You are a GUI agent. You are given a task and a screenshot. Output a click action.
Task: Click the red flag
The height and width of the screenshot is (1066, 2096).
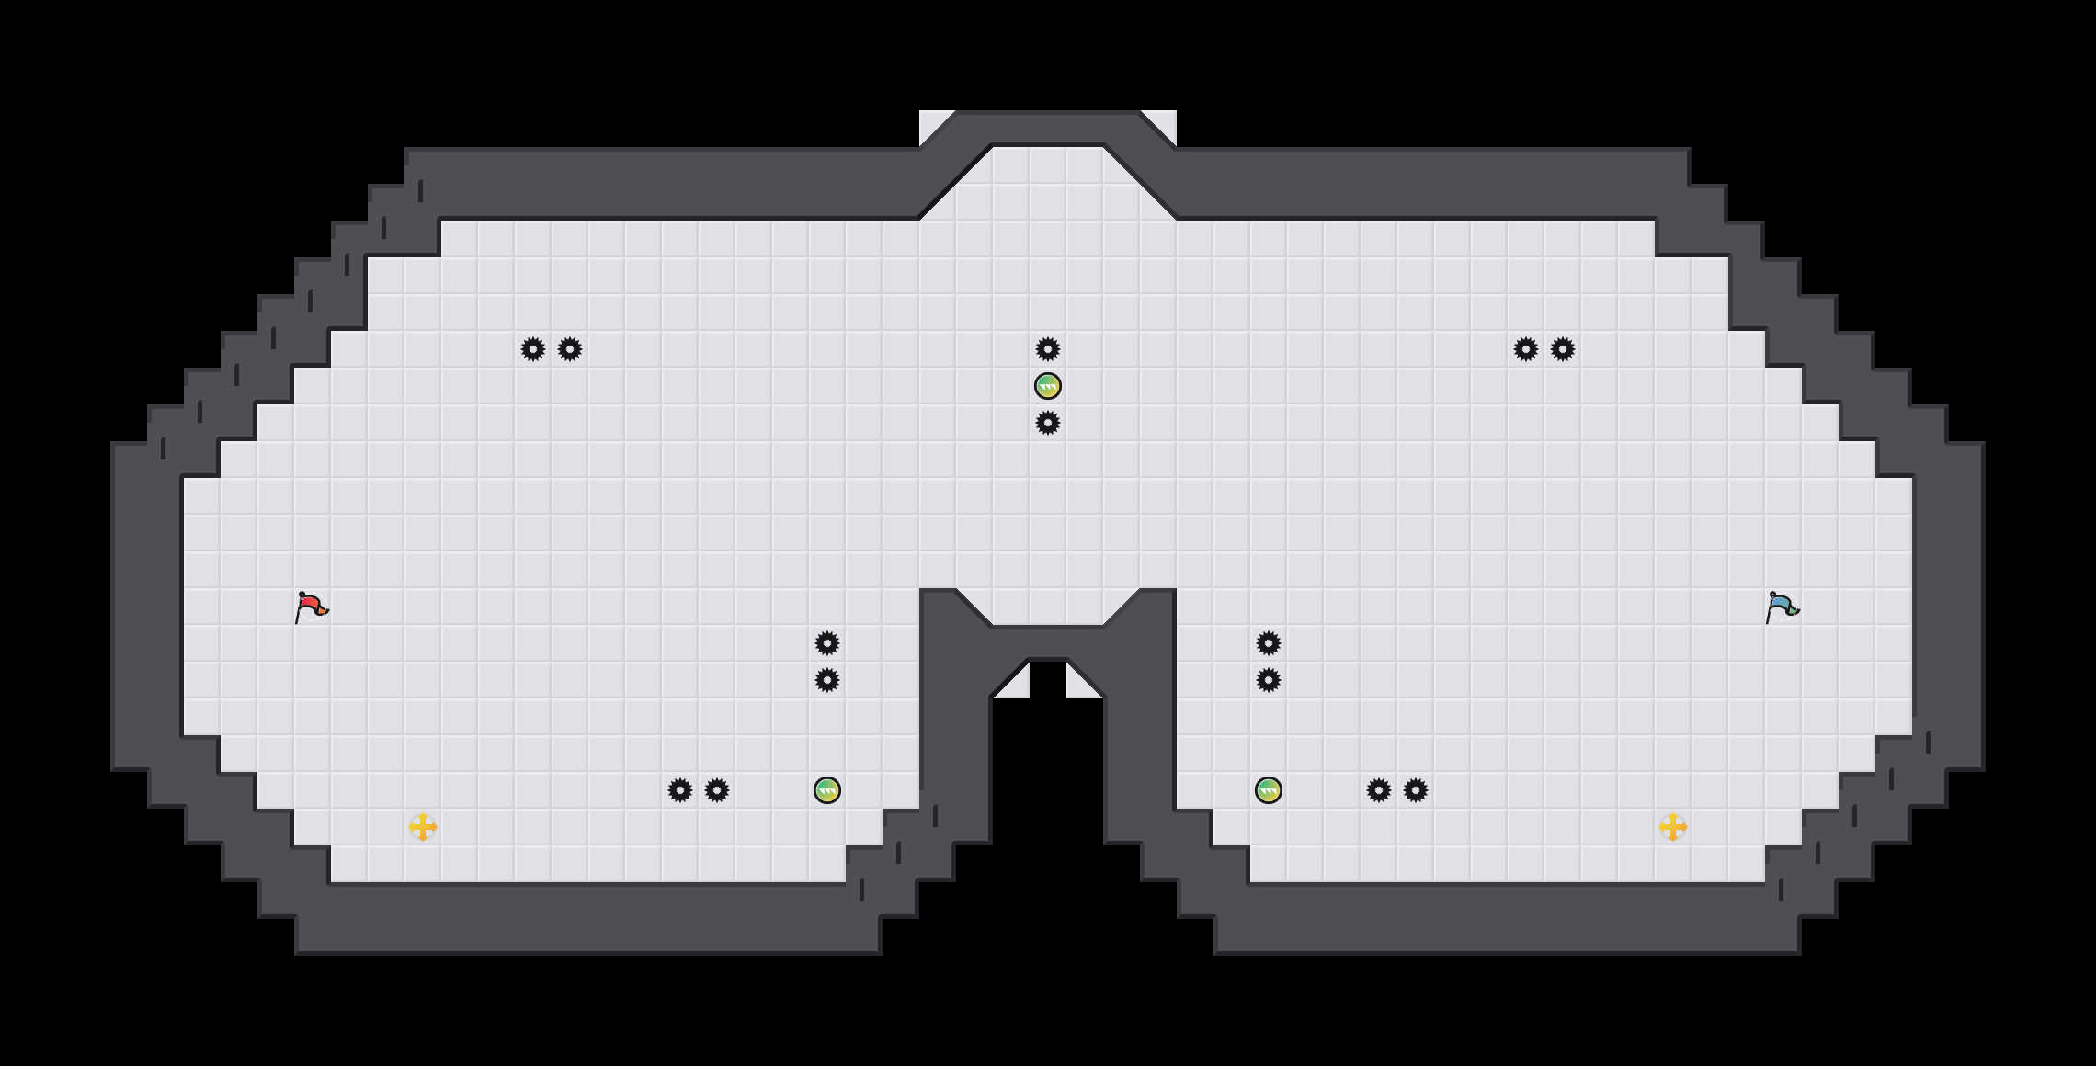coord(311,607)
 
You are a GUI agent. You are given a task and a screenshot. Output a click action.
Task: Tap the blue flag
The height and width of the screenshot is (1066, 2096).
coord(1782,607)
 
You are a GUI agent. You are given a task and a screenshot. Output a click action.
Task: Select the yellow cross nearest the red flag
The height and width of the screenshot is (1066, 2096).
coord(423,827)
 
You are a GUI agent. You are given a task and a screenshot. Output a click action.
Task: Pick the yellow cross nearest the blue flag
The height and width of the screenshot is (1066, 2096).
coord(1673,827)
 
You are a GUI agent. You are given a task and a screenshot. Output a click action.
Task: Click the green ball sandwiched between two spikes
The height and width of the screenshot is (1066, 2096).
coord(1048,386)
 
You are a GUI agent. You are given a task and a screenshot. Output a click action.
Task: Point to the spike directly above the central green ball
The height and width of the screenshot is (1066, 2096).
coord(1048,349)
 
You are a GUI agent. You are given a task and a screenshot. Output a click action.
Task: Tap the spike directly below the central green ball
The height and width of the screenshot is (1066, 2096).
coord(1048,423)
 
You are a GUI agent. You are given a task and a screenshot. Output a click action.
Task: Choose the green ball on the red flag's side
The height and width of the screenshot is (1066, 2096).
coord(827,790)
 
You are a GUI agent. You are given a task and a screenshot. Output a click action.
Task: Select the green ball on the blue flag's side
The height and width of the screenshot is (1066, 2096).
coord(1269,790)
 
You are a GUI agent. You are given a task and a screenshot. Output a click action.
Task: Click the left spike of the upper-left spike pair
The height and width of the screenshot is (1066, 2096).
coord(533,349)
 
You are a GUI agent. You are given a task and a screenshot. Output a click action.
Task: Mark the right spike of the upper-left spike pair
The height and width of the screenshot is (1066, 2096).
coord(570,349)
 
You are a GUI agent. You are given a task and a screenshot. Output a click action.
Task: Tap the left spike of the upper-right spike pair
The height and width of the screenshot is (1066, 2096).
coord(1526,349)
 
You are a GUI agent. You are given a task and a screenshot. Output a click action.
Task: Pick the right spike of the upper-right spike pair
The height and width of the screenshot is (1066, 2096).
coord(1563,349)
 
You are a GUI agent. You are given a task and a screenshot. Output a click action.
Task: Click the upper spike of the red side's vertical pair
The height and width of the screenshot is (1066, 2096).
coord(827,643)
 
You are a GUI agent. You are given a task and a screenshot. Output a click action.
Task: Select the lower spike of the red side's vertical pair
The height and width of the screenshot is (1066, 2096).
coord(827,680)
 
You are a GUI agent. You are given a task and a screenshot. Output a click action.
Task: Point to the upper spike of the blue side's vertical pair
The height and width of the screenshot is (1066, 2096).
coord(1269,643)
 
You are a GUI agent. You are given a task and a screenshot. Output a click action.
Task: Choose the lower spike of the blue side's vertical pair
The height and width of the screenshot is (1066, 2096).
coord(1269,680)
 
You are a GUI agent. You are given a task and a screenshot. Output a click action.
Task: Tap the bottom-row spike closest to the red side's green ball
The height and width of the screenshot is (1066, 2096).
coord(717,790)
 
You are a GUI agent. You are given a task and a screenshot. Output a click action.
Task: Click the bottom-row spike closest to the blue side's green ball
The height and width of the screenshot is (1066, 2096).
coord(1379,790)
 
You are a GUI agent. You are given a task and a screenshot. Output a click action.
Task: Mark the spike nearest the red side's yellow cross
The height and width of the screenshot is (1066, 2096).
coord(680,790)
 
